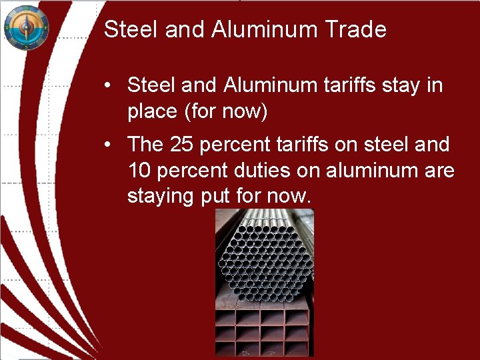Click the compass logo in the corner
tap(26, 27)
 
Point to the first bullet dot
tap(107, 86)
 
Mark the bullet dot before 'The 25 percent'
tap(107, 145)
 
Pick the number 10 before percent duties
tap(139, 171)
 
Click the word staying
tap(160, 197)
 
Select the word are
tap(437, 171)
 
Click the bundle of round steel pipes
tap(265, 253)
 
